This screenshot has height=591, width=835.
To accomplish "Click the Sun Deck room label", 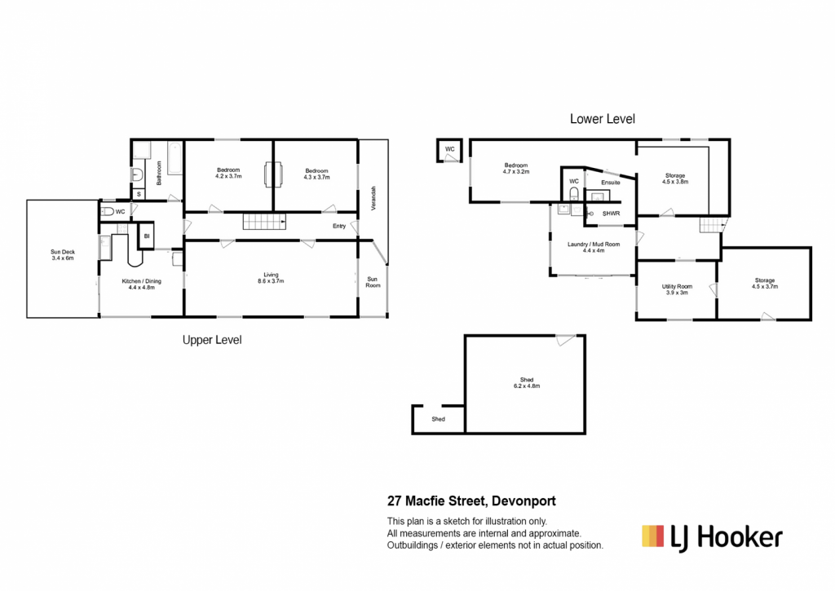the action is click(x=63, y=255).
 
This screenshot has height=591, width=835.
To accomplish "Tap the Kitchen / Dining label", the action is click(x=142, y=284).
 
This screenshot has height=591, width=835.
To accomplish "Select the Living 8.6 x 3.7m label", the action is click(x=271, y=278).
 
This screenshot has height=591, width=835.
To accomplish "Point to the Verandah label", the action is click(x=373, y=198).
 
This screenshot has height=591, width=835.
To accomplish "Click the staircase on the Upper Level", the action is click(x=264, y=222).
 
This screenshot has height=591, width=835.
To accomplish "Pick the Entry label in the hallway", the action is click(x=339, y=227).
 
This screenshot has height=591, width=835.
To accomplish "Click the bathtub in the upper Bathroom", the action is click(x=175, y=158).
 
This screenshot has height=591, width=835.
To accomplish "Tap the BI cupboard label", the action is click(x=147, y=236).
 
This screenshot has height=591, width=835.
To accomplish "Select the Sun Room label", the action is click(x=373, y=282).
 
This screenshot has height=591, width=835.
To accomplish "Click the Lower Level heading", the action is click(x=603, y=119).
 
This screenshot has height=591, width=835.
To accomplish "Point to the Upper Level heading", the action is click(x=212, y=340).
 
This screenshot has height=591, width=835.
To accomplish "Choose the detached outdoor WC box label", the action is click(x=450, y=149).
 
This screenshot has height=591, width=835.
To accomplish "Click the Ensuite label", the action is click(x=611, y=182).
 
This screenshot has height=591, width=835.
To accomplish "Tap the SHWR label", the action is click(x=612, y=214).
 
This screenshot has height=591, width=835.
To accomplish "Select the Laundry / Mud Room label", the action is click(x=594, y=247).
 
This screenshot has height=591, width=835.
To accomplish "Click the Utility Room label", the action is click(x=677, y=289).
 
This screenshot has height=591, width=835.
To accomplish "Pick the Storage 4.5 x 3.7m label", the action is click(x=765, y=283).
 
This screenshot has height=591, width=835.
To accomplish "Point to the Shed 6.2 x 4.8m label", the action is click(x=527, y=383).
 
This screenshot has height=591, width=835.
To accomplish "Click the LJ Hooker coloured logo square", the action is click(x=653, y=536).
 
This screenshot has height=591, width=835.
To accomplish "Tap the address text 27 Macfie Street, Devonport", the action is click(x=471, y=501).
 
